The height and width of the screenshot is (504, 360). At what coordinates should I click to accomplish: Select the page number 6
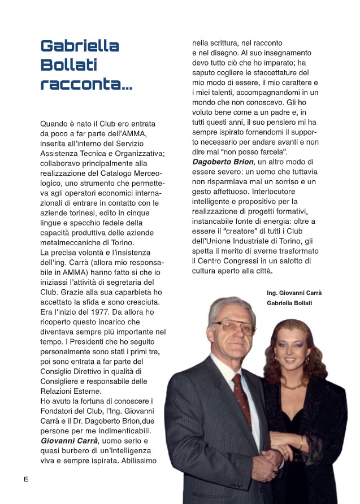(x=26, y=479)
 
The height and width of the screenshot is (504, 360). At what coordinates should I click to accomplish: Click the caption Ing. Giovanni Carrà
(x=295, y=293)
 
